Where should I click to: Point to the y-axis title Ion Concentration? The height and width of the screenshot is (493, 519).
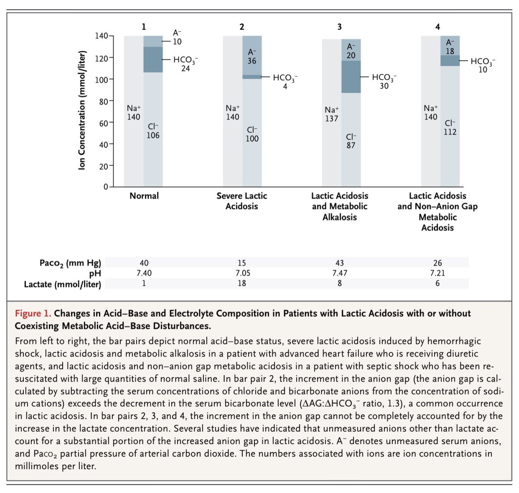pos(82,110)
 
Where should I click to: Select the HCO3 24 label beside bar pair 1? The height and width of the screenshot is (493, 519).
pos(186,64)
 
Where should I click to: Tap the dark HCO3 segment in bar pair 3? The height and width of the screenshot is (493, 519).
pos(351,77)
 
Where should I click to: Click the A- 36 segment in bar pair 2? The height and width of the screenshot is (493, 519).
pos(252,56)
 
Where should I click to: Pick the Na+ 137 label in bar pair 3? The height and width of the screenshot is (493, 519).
pos(332,114)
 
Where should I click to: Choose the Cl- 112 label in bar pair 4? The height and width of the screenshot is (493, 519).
pos(450,128)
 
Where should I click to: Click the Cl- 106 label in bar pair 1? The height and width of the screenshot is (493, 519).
pos(153,131)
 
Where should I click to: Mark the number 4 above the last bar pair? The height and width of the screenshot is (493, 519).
pos(438,27)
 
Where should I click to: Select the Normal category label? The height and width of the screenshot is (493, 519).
pos(144,196)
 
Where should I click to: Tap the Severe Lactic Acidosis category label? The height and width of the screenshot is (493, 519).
pos(242,201)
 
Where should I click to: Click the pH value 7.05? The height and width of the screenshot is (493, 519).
pos(242,273)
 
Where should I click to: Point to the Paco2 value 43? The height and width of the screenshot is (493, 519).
pos(340,263)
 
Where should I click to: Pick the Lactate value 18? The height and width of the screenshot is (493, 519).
pos(242,283)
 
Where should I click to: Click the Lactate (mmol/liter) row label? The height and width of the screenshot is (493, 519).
pos(63,284)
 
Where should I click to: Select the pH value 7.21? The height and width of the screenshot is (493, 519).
pos(438,273)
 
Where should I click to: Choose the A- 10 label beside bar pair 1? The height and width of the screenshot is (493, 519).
pos(177,38)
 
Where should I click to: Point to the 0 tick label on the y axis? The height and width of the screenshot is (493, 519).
pos(106,187)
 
